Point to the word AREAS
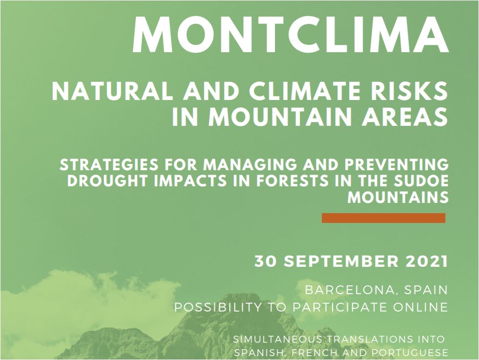pyautogui.click(x=405, y=117)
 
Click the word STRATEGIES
pyautogui.click(x=109, y=165)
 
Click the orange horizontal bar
pyautogui.click(x=383, y=218)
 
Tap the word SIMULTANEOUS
pyautogui.click(x=277, y=339)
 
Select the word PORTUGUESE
pyautogui.click(x=410, y=353)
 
